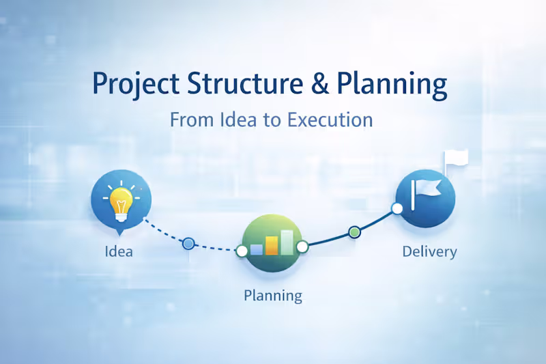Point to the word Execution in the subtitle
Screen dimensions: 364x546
[x=330, y=120]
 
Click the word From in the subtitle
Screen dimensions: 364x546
[x=190, y=120]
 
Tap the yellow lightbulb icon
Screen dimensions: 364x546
[x=121, y=199]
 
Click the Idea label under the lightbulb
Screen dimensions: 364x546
[x=119, y=251]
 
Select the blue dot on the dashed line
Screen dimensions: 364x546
[x=188, y=243]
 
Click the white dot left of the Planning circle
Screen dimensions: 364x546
[x=241, y=251]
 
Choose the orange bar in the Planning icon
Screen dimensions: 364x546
[x=272, y=245]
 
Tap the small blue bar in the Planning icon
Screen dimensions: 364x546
[x=257, y=249]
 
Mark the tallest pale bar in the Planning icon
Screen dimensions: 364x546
[x=287, y=242]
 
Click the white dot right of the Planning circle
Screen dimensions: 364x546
[x=302, y=246]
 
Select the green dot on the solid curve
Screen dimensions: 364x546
[x=354, y=232]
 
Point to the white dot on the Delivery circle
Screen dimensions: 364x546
[x=396, y=208]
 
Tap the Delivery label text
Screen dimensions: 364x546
[x=429, y=251]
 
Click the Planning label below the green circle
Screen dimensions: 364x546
[x=272, y=296]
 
